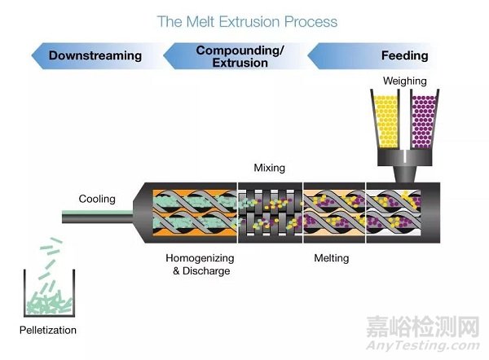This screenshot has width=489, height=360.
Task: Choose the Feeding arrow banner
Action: click(383, 56)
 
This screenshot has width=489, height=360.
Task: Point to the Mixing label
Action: click(269, 169)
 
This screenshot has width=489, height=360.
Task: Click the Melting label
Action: click(332, 258)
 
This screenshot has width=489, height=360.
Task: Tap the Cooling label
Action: click(97, 199)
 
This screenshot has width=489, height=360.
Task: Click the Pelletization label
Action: click(46, 331)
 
